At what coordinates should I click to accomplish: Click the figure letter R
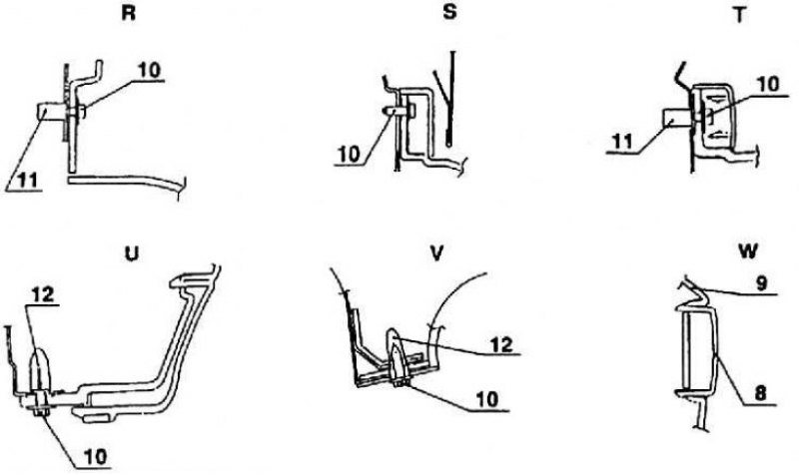coord(129,13)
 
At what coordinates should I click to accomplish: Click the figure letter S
coord(449,12)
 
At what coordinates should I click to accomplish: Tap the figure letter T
coord(739,15)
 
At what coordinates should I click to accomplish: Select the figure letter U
coord(132,253)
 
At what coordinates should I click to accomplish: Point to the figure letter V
coord(436,253)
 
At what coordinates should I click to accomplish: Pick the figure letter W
coord(747,250)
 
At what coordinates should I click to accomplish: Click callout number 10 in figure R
coord(149,71)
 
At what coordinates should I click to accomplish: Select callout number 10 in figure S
coord(349,155)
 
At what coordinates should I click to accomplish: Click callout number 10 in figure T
coord(768,85)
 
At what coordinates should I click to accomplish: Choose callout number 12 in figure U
coord(43,294)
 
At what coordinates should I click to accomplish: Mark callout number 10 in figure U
coord(96,457)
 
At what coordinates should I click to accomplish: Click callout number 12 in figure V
coord(501,344)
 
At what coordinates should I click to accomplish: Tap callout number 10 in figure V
coord(488,399)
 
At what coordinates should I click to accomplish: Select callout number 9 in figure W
coord(761,283)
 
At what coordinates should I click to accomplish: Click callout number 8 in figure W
coord(760,393)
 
